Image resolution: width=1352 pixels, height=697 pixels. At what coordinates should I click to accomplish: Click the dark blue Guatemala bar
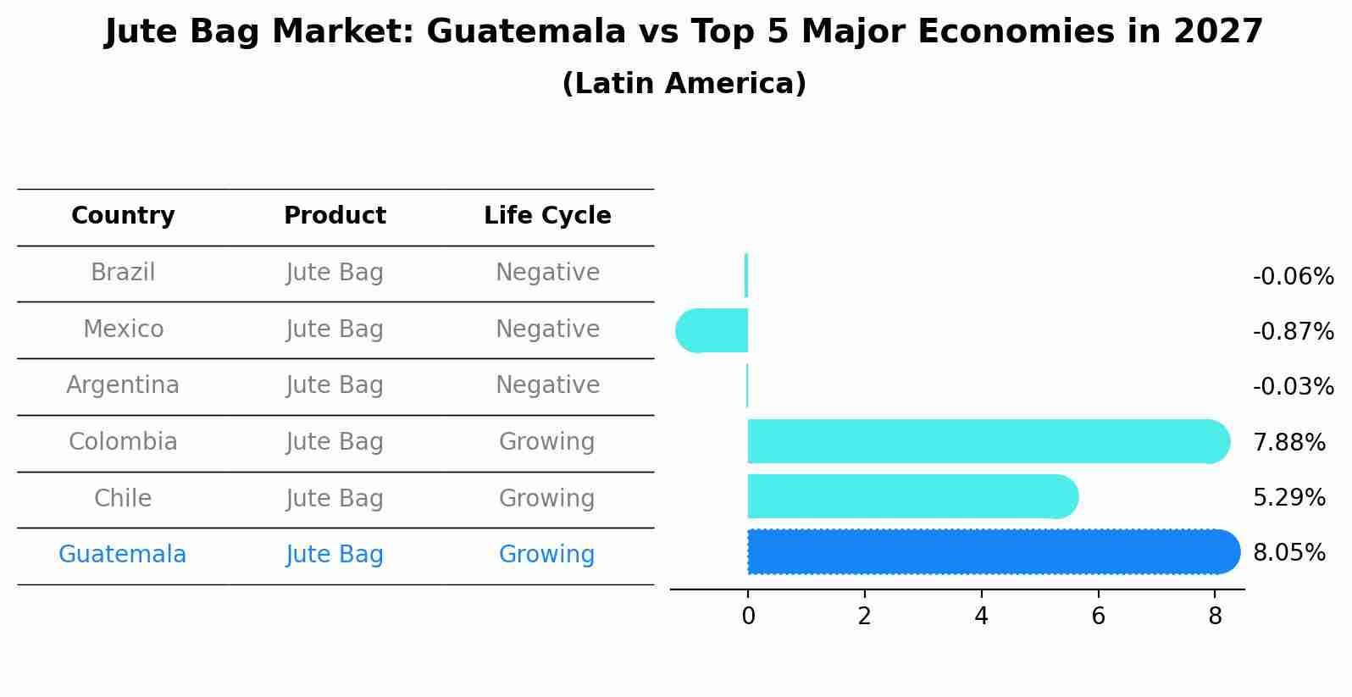(991, 552)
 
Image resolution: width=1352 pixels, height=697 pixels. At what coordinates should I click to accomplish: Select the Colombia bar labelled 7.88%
(987, 441)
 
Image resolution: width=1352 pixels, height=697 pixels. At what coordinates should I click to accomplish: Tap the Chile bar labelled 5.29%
(911, 497)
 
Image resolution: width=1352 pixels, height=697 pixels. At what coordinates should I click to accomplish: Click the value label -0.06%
(1293, 277)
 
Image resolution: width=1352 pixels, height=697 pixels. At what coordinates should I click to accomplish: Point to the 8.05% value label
(1288, 553)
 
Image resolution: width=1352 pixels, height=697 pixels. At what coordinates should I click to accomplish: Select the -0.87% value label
(1293, 332)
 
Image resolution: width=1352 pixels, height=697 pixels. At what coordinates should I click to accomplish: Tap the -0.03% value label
(1293, 387)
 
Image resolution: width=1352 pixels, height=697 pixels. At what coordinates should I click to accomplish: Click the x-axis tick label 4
(981, 617)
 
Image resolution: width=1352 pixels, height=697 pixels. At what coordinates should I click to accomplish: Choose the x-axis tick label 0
(748, 617)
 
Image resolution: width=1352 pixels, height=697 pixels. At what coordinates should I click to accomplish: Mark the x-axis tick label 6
(1098, 617)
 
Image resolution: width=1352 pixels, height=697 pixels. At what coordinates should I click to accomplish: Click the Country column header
(123, 216)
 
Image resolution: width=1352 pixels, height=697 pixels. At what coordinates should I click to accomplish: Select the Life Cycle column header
(547, 216)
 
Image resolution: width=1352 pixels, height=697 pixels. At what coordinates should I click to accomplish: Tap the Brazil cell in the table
(123, 273)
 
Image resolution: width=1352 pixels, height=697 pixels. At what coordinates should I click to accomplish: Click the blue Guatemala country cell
(122, 555)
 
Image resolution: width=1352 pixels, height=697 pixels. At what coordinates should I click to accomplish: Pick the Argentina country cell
(123, 385)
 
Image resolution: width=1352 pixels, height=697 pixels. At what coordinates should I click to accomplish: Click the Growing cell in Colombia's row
(546, 442)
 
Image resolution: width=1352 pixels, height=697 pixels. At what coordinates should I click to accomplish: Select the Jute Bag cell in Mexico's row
(335, 329)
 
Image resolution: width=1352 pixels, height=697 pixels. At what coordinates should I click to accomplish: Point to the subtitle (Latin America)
(684, 84)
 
